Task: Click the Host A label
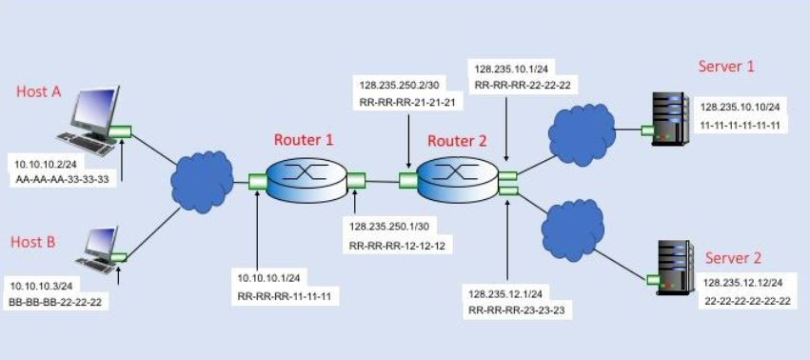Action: [38, 91]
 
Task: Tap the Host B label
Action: [33, 242]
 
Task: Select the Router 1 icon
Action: [304, 177]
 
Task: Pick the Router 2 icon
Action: [457, 178]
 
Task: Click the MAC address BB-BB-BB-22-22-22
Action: [55, 301]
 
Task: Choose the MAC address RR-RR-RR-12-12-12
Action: [397, 246]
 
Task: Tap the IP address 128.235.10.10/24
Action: [740, 108]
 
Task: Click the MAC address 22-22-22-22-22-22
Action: [747, 301]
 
